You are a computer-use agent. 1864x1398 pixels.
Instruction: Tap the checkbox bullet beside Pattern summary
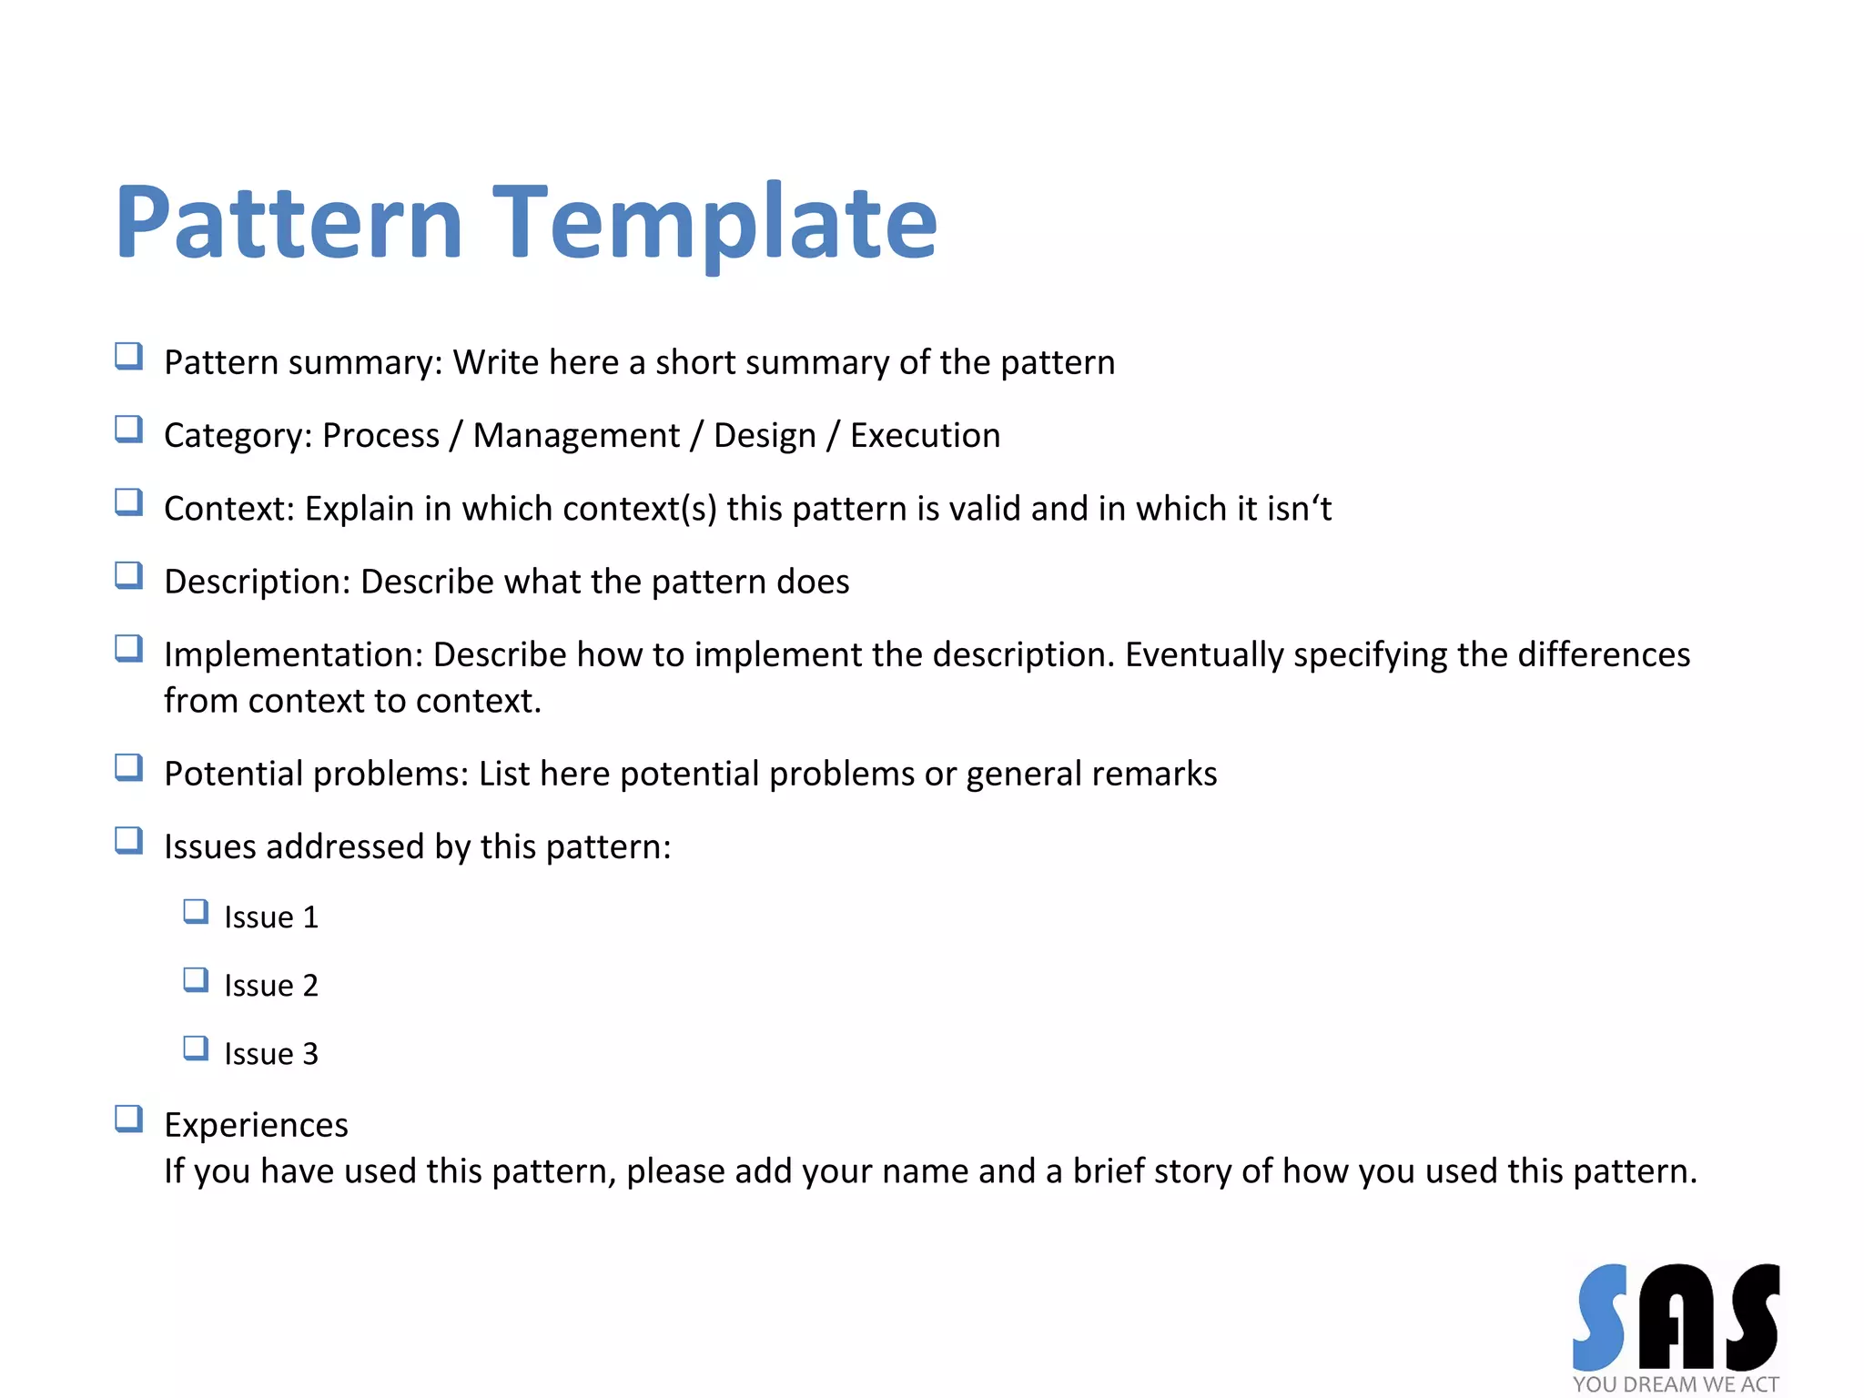128,356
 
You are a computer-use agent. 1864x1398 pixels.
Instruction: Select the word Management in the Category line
576,436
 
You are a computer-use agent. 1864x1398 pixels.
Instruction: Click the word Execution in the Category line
925,436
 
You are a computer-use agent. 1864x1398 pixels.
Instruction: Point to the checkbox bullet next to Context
128,502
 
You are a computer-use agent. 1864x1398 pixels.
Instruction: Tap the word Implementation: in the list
293,655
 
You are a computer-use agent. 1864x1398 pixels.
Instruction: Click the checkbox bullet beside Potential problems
128,767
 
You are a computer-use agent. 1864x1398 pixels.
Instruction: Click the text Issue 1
271,917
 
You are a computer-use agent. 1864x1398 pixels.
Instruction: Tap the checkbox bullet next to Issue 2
196,980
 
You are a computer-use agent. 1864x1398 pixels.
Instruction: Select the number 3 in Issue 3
310,1054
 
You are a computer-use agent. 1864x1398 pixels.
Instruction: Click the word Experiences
256,1126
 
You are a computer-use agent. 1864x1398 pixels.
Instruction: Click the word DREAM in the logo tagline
1660,1384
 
